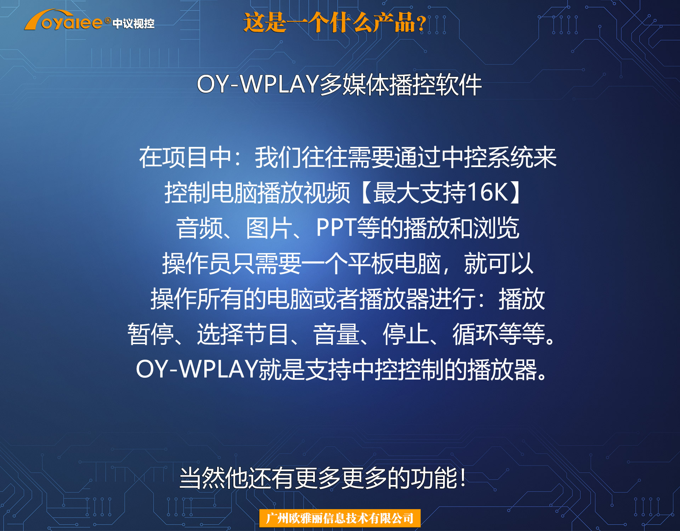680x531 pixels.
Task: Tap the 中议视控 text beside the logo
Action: click(134, 24)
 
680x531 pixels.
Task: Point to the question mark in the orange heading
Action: click(421, 23)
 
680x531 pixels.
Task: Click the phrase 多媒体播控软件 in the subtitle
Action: click(401, 85)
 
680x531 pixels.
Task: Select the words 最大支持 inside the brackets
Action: click(420, 192)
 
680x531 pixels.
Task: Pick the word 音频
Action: click(199, 228)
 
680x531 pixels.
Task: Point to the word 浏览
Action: click(496, 228)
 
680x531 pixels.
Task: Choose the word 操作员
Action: click(197, 263)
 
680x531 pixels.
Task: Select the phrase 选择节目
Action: click(243, 334)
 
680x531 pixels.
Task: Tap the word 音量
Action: click(336, 334)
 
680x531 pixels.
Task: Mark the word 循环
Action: click(475, 334)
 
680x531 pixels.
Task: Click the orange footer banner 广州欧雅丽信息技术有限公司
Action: click(340, 518)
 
